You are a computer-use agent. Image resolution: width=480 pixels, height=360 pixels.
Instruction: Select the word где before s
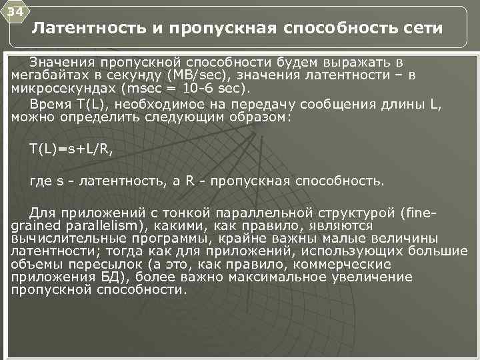click(x=41, y=181)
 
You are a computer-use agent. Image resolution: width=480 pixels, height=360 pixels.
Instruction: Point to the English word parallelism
click(x=94, y=226)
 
